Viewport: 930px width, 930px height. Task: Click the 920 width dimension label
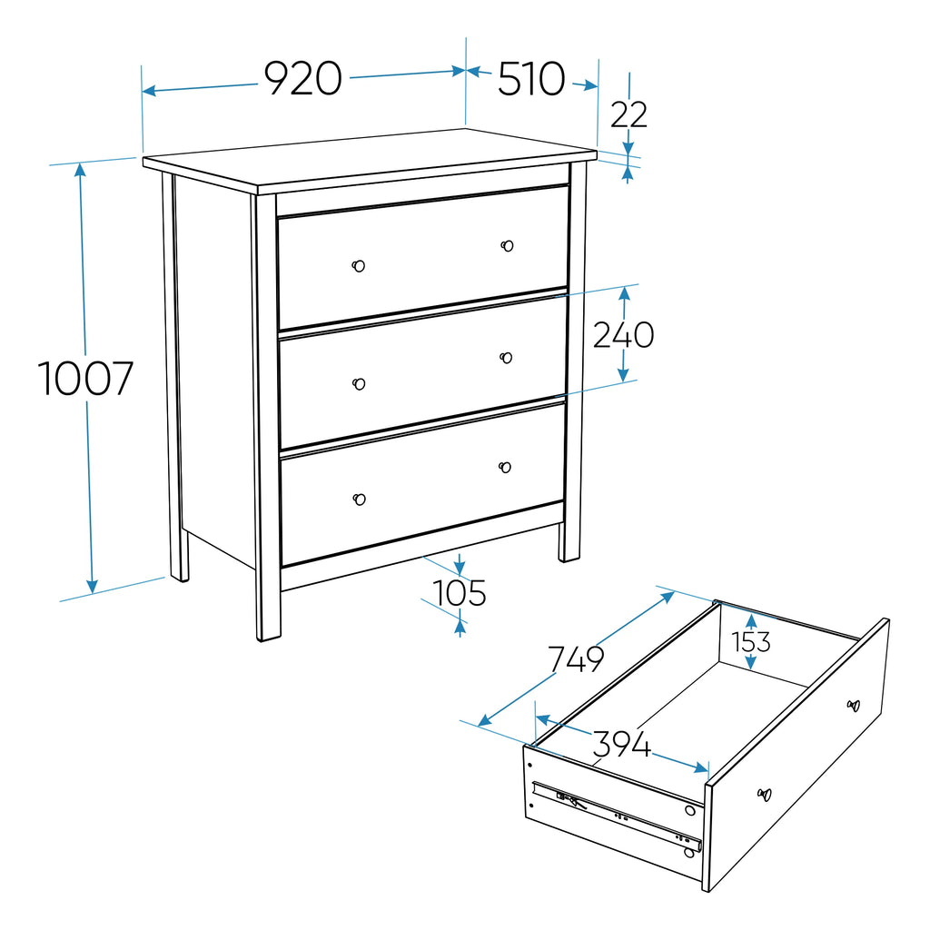point(303,78)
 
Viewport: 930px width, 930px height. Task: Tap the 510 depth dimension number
point(530,78)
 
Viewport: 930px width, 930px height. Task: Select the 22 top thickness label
point(628,114)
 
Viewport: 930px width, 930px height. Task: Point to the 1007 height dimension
point(85,379)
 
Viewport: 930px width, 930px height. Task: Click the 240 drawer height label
point(623,334)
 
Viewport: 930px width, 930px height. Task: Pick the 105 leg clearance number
point(459,592)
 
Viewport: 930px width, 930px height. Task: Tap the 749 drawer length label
point(575,658)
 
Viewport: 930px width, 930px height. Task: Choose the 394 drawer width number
point(621,744)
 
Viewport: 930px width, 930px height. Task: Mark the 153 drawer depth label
point(751,642)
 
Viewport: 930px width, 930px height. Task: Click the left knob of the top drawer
point(358,266)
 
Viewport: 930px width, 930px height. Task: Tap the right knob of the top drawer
point(507,245)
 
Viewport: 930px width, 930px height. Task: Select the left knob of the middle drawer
point(359,384)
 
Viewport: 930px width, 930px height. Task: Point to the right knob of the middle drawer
point(506,358)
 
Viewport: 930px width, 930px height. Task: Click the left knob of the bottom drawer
point(360,500)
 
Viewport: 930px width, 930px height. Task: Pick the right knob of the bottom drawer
point(505,468)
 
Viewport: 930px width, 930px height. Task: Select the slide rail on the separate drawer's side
point(617,815)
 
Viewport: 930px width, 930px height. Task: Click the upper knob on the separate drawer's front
point(854,706)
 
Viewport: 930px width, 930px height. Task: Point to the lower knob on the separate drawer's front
point(765,794)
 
